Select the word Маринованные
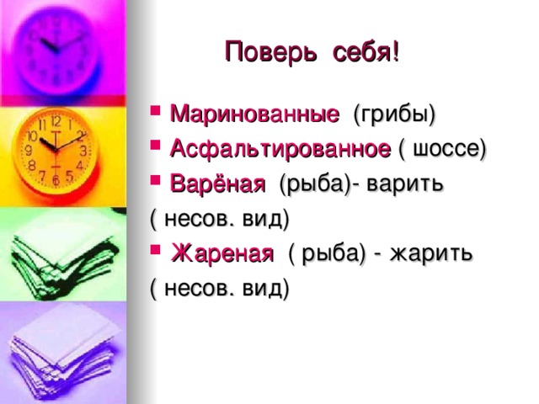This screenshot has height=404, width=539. point(255,114)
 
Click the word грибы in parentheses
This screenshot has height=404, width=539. point(393,114)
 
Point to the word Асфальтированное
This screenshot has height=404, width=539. point(280,149)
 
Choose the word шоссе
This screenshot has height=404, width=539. point(446,149)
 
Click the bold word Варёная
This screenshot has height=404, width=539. point(218,183)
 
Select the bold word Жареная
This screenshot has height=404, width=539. point(222,253)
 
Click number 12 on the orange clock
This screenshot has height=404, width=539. point(55,121)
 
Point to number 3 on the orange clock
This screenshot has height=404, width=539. point(83,151)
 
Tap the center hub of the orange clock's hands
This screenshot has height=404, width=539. point(55,151)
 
